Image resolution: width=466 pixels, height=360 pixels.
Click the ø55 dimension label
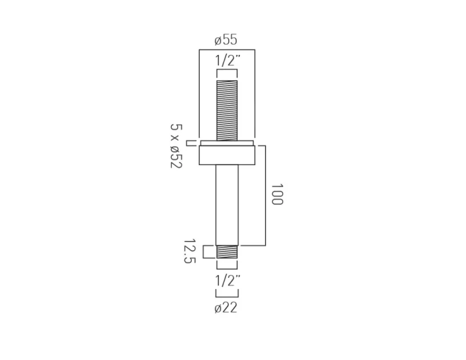226,40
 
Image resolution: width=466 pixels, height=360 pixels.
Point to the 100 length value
277,195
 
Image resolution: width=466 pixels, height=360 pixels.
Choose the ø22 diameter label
226,308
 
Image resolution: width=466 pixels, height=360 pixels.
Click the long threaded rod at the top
227,110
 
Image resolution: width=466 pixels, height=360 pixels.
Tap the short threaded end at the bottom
227,252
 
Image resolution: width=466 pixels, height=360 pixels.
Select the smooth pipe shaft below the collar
227,204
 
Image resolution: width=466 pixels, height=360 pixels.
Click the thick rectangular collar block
227,155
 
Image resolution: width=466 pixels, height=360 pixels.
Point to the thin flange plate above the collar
227,142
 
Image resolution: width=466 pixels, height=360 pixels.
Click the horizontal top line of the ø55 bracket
227,50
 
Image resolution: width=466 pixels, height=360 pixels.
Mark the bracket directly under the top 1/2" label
227,71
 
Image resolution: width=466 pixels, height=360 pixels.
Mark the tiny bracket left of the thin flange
189,142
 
